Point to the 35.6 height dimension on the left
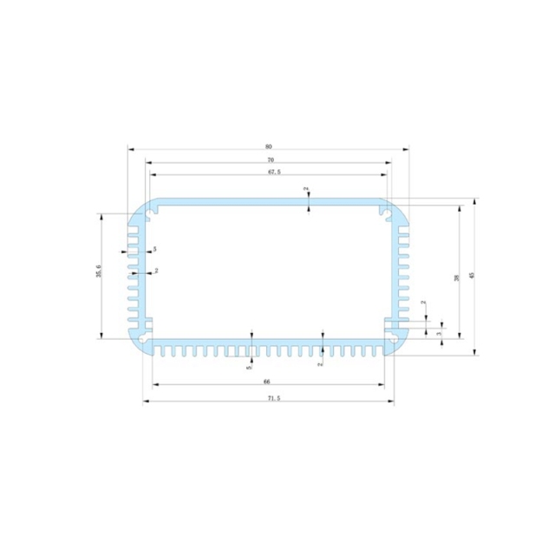(99, 273)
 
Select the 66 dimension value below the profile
(267, 382)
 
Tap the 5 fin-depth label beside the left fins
(154, 250)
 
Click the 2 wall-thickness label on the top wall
(305, 189)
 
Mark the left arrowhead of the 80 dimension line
(130, 148)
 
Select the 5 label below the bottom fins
(249, 368)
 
